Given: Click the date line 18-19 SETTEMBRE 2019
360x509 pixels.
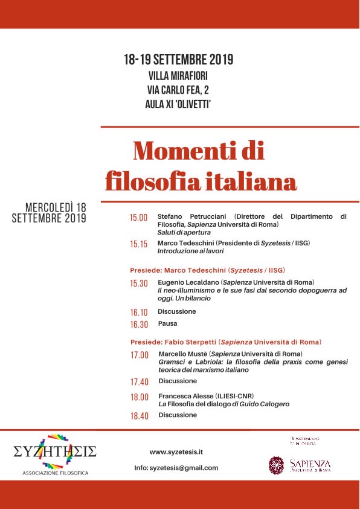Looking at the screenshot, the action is pyautogui.click(x=179, y=60).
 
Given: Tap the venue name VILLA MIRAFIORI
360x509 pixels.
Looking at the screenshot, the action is pyautogui.click(x=179, y=77).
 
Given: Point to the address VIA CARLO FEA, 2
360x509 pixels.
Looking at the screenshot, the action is pyautogui.click(x=179, y=90).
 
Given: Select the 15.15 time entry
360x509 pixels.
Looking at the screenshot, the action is pyautogui.click(x=138, y=245).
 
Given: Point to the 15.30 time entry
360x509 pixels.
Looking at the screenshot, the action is pyautogui.click(x=138, y=284).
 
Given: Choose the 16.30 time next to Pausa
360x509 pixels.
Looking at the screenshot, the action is pyautogui.click(x=138, y=325).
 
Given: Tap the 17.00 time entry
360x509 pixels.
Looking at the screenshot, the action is pyautogui.click(x=139, y=355).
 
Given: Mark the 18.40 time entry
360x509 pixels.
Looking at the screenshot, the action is pyautogui.click(x=139, y=417).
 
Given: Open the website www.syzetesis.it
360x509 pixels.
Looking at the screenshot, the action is pyautogui.click(x=176, y=452).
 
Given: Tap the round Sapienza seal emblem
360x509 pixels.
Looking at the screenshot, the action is pyautogui.click(x=276, y=464).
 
